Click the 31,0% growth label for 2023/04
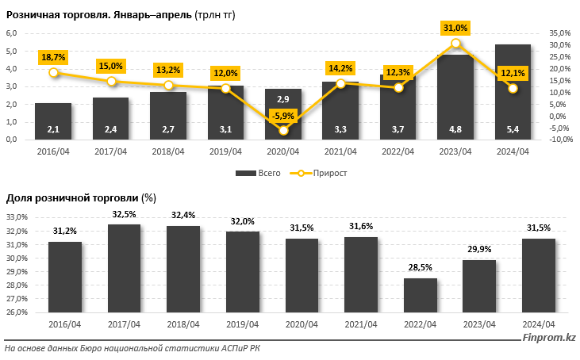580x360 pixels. coord(455,28)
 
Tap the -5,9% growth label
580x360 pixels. coord(283,116)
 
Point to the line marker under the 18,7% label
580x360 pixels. coord(54,73)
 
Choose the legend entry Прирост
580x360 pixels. coord(322,172)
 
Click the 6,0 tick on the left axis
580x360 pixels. coord(13,33)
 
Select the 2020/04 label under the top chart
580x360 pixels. coord(283,152)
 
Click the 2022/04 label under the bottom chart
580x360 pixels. coord(420,324)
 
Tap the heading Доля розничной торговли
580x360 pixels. coord(72,197)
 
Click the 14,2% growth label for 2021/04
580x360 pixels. coord(342,68)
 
